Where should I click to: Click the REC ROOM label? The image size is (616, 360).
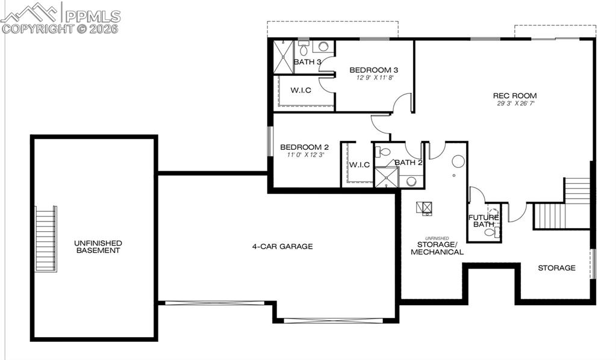[514, 96]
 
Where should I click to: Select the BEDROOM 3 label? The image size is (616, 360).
[373, 70]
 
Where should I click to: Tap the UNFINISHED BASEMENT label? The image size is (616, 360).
[98, 247]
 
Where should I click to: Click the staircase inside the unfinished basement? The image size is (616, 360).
[46, 239]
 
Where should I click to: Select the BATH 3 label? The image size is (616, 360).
[307, 62]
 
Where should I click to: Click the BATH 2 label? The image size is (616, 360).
[408, 163]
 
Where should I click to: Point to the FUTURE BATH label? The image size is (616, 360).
[484, 221]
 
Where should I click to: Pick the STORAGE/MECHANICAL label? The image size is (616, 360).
[437, 248]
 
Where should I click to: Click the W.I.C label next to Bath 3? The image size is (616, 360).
[300, 91]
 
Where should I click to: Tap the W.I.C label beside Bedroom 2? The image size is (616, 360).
[359, 165]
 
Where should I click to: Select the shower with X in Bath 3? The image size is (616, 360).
[283, 57]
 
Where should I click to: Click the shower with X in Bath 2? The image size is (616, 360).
[386, 177]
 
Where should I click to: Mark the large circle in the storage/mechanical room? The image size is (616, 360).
[458, 161]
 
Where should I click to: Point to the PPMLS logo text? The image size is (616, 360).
[93, 16]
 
